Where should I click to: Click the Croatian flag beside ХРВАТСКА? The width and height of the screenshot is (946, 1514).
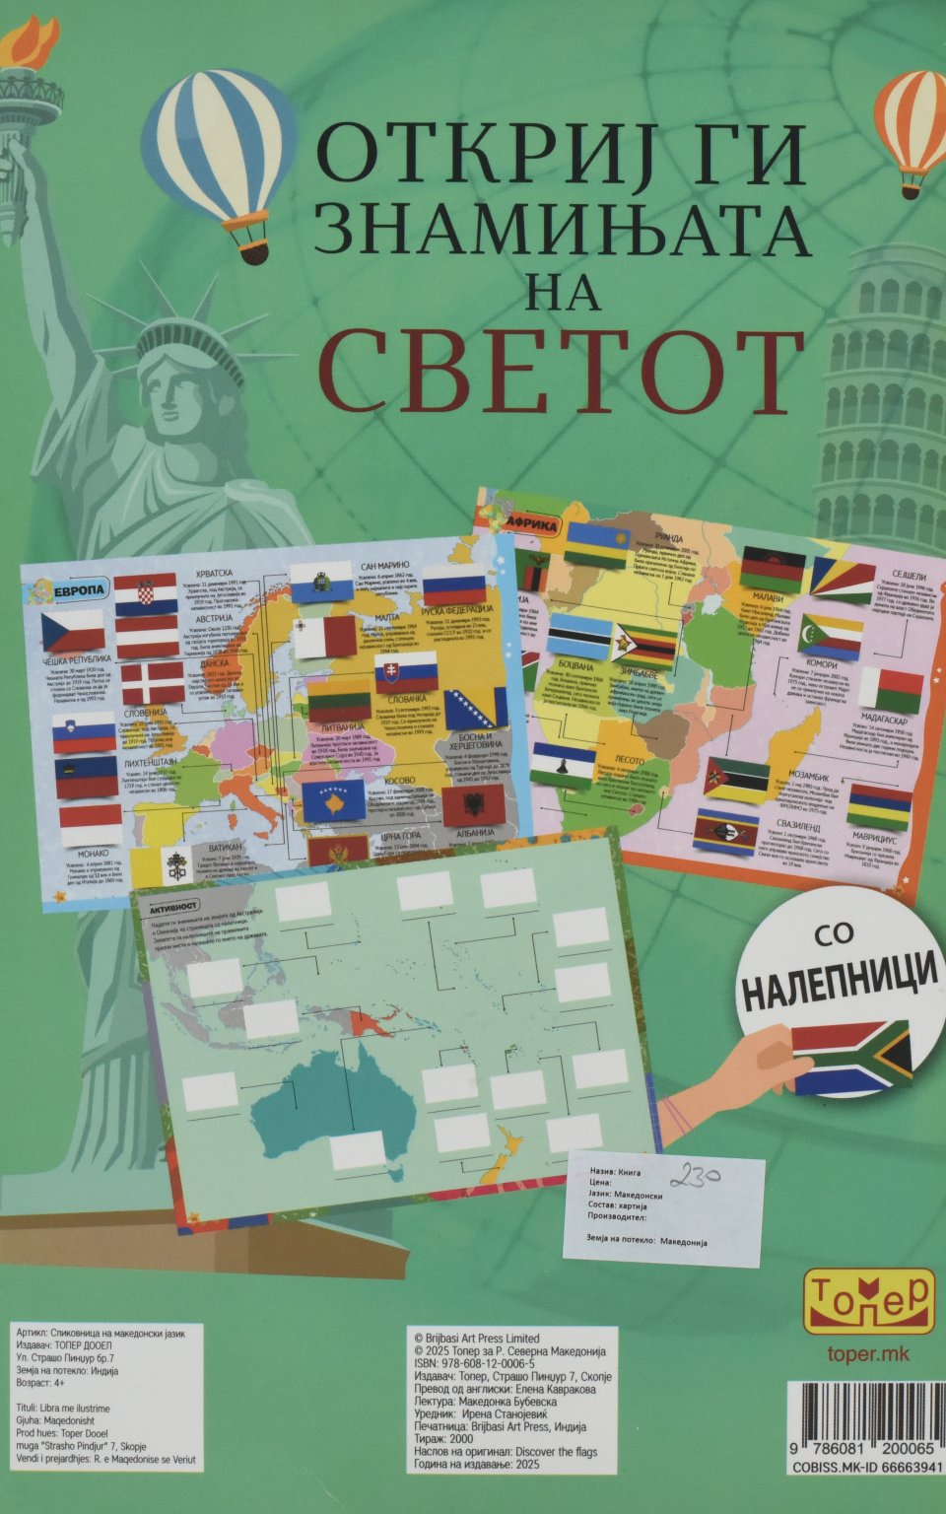pyautogui.click(x=146, y=594)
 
